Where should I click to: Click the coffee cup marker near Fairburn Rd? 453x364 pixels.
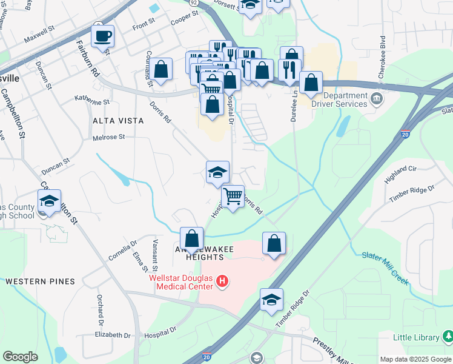(x=102, y=36)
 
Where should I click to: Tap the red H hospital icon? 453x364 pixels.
(x=222, y=281)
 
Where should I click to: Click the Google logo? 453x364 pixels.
(x=20, y=357)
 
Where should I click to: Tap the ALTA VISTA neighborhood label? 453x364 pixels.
(x=118, y=121)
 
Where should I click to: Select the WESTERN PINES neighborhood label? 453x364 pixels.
(x=40, y=281)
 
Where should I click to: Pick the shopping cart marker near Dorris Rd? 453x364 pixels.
(x=233, y=197)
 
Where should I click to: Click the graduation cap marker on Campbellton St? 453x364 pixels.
(x=49, y=201)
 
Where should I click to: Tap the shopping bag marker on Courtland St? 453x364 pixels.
(x=161, y=70)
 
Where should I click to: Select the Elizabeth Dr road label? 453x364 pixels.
(x=113, y=335)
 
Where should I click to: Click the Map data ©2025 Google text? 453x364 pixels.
(x=415, y=359)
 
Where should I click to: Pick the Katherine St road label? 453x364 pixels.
(x=92, y=99)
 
